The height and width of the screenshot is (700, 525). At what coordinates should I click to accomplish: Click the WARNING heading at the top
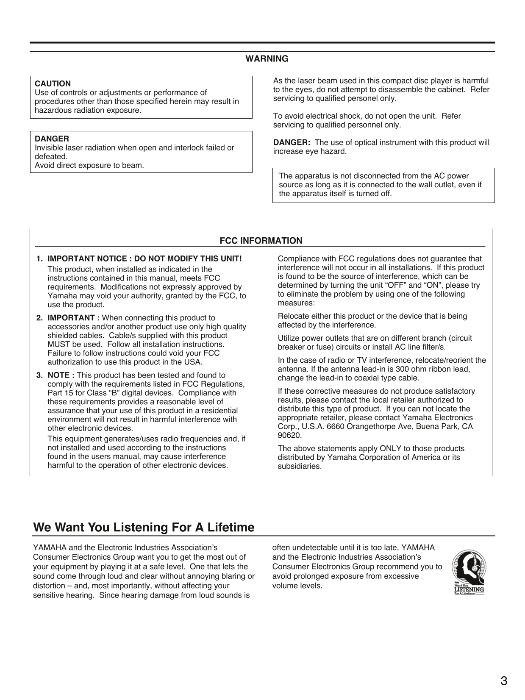(x=267, y=59)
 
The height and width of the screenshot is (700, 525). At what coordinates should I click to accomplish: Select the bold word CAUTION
(x=53, y=83)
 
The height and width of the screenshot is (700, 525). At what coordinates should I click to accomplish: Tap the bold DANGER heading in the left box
(x=52, y=139)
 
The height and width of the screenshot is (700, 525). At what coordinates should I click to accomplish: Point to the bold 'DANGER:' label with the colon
(x=292, y=142)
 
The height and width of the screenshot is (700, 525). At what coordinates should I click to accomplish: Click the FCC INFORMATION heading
(x=261, y=241)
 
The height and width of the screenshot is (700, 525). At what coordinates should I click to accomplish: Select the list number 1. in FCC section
(x=39, y=258)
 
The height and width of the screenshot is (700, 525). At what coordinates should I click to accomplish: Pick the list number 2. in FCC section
(x=39, y=318)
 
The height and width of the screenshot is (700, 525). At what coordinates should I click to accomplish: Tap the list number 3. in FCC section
(x=39, y=375)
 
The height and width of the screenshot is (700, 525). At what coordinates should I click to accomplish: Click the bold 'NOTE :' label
(x=61, y=375)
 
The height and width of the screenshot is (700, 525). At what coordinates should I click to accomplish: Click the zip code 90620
(x=289, y=435)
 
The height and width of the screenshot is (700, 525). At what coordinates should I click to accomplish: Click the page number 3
(x=503, y=681)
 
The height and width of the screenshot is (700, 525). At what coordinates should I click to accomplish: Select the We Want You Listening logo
(x=469, y=572)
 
